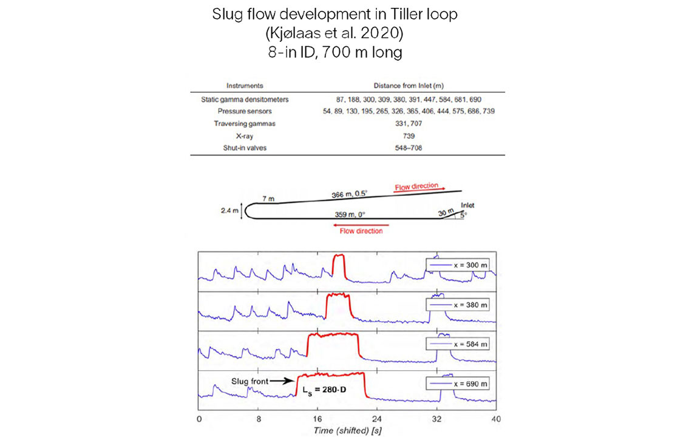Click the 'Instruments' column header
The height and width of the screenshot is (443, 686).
point(245,86)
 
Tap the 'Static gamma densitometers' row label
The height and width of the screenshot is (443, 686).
point(245,99)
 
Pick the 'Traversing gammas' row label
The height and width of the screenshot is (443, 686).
point(245,124)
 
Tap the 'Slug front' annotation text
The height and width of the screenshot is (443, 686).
point(248,381)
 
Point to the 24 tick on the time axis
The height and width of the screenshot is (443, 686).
point(377,419)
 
